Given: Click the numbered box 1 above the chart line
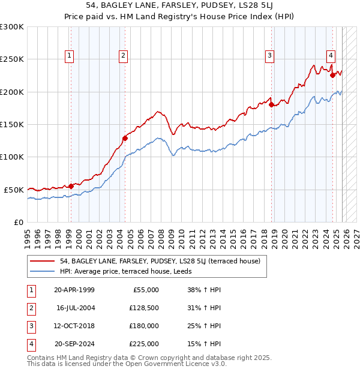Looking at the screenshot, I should pyautogui.click(x=70, y=56).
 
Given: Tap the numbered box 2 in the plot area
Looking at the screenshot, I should pyautogui.click(x=123, y=56).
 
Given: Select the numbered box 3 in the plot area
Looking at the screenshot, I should pyautogui.click(x=270, y=56).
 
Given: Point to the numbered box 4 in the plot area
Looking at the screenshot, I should pyautogui.click(x=331, y=56).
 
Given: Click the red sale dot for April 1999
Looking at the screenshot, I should pyautogui.click(x=71, y=186).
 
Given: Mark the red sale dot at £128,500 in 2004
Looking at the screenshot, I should pyautogui.click(x=125, y=138).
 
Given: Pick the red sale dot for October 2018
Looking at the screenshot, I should pyautogui.click(x=271, y=105).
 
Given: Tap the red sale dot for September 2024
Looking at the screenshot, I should pyautogui.click(x=332, y=76).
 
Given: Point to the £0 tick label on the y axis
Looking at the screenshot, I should pyautogui.click(x=19, y=222).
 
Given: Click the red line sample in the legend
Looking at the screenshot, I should pyautogui.click(x=43, y=261).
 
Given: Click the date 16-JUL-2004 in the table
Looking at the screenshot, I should pyautogui.click(x=75, y=308).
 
